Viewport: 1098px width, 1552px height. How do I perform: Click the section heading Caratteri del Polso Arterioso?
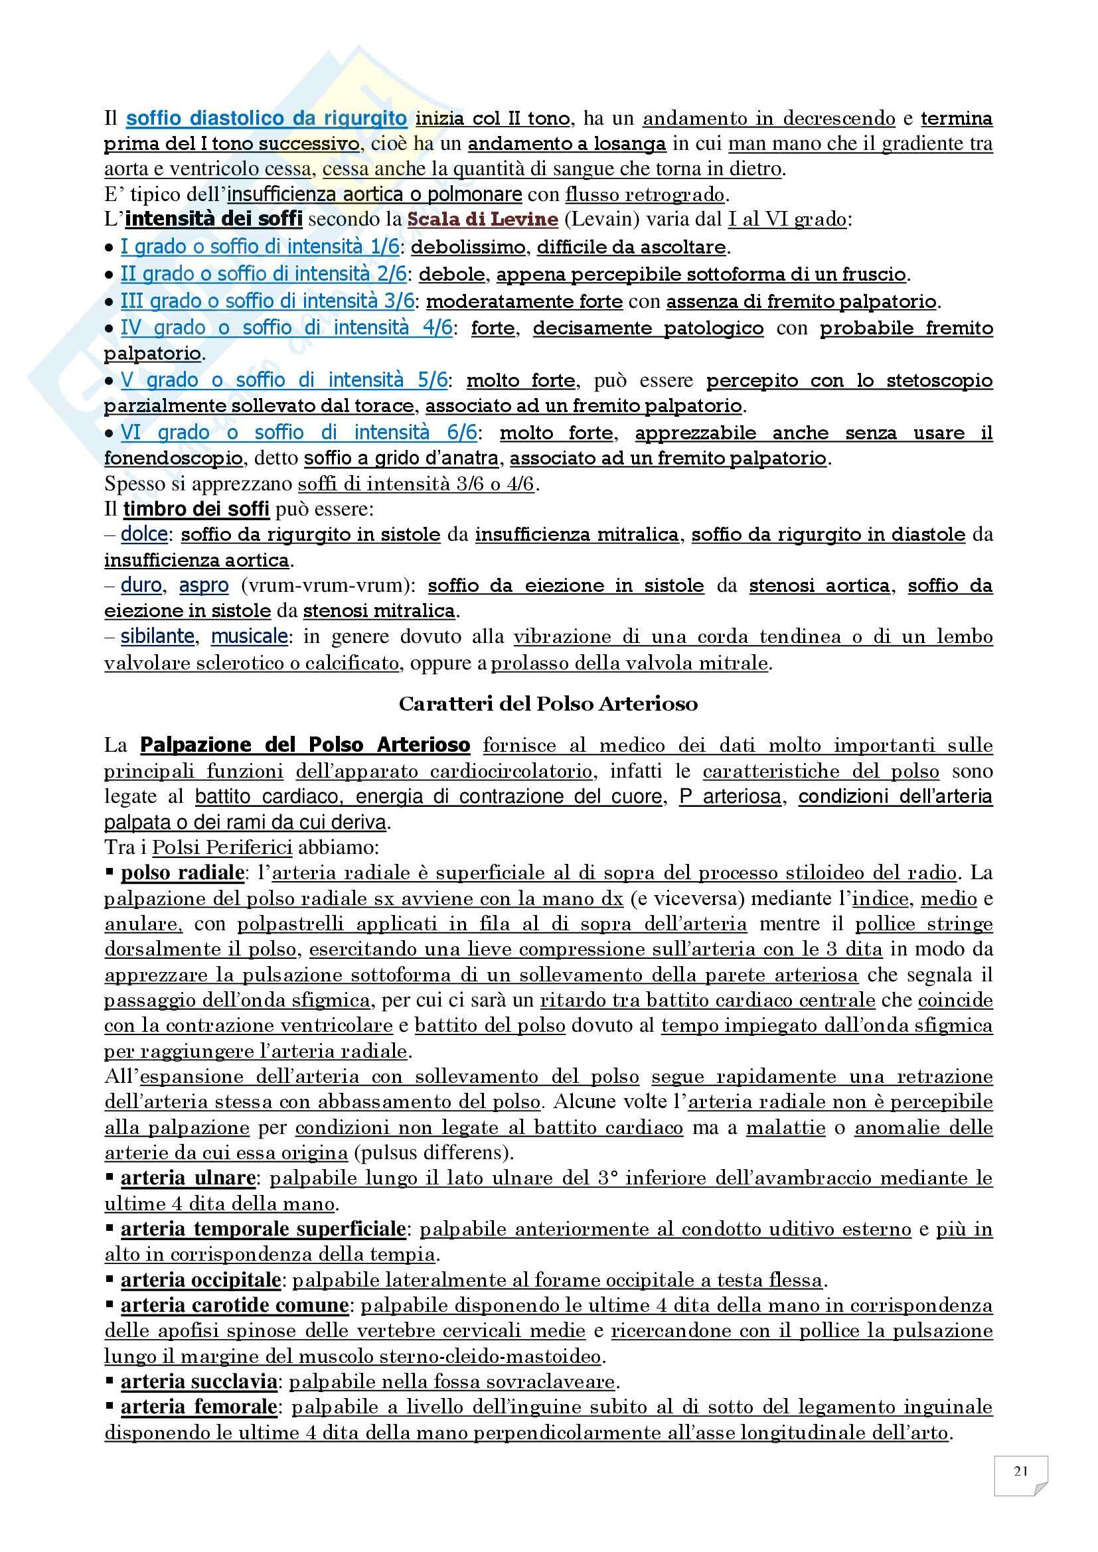click(548, 703)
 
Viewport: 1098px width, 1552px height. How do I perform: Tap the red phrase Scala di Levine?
click(483, 220)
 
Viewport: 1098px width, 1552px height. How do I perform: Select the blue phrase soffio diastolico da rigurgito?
click(266, 118)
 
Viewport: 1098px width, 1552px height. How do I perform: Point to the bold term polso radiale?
click(182, 873)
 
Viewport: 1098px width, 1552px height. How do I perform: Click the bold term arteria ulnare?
click(187, 1178)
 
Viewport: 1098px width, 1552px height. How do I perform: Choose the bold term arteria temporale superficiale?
click(263, 1229)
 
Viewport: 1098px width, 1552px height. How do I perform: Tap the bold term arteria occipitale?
click(200, 1280)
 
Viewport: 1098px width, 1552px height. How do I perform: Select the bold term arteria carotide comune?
click(234, 1305)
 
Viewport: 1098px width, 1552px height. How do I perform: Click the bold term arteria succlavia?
click(198, 1381)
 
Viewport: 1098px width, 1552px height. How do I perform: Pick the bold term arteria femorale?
click(198, 1407)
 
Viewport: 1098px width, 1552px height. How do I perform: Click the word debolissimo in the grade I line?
click(468, 247)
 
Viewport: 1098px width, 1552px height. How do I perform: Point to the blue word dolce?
click(144, 534)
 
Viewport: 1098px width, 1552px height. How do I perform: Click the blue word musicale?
click(250, 637)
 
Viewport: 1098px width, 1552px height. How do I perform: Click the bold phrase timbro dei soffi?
click(196, 509)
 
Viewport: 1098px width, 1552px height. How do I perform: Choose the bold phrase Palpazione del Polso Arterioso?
click(305, 746)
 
